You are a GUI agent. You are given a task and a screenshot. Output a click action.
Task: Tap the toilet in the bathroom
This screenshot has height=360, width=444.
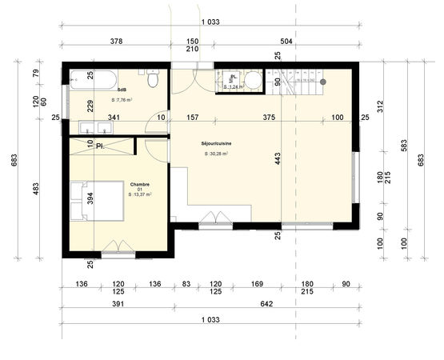coord(154,80)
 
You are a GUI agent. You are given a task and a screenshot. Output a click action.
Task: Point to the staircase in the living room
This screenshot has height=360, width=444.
coord(300,82)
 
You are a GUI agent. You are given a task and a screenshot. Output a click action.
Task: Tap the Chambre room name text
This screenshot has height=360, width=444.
coord(141,184)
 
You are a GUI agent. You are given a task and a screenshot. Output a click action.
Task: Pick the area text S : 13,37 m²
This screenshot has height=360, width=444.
coord(141,194)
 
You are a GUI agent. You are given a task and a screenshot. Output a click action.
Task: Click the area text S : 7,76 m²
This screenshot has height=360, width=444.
coord(122,100)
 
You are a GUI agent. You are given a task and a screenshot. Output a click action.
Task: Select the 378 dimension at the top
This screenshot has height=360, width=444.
coord(115,41)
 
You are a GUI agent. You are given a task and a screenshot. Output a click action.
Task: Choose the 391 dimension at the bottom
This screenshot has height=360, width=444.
coord(117,304)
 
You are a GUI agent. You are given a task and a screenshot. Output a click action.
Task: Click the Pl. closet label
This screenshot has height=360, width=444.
coord(100,146)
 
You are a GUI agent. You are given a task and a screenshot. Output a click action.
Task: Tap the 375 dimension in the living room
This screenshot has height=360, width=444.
coord(269,118)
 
